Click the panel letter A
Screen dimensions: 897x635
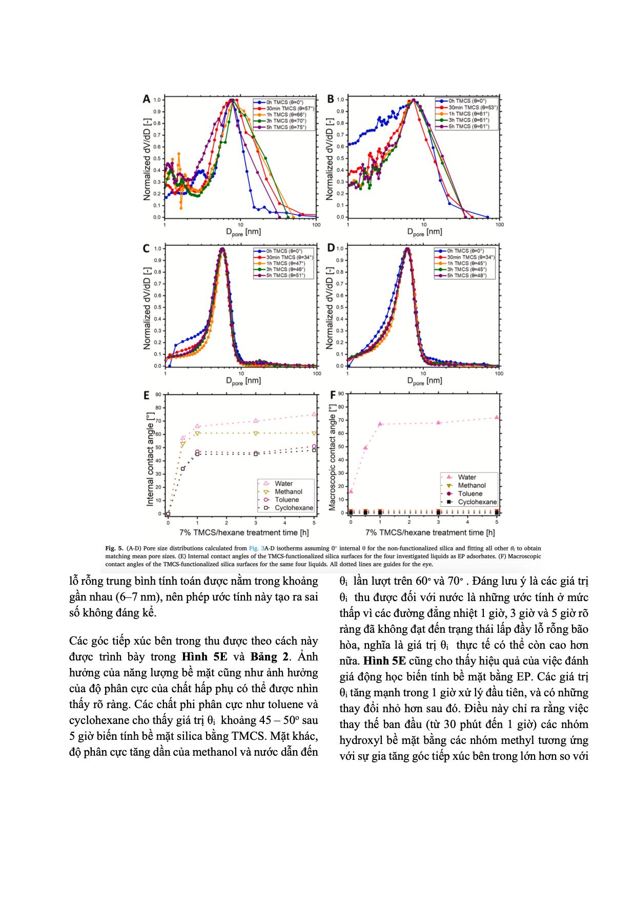click(x=146, y=99)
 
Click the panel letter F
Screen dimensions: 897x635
click(x=333, y=395)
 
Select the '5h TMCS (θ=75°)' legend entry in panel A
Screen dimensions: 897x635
click(x=282, y=126)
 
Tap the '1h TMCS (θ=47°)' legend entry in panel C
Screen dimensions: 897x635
click(x=282, y=263)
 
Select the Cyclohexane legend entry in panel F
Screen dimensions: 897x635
click(x=477, y=502)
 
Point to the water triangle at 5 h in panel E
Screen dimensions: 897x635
click(x=314, y=414)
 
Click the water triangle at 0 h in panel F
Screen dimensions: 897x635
click(x=351, y=491)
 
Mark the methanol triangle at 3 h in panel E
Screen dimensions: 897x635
click(x=256, y=433)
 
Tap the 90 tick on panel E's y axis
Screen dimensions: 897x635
click(x=159, y=395)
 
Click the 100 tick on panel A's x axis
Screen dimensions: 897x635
click(x=316, y=224)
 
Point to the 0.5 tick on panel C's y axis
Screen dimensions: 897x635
click(x=158, y=308)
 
